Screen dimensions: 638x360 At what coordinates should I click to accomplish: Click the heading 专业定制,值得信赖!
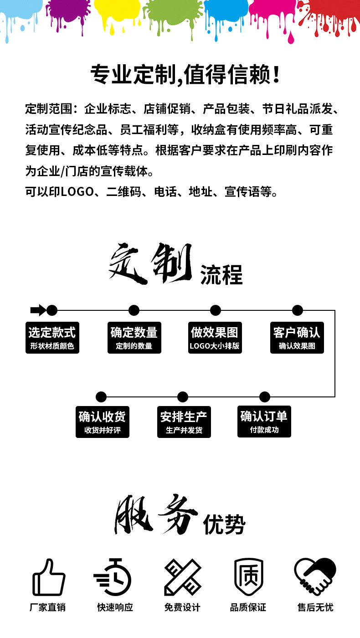[185, 74]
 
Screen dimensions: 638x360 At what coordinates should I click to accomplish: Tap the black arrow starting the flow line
[37, 310]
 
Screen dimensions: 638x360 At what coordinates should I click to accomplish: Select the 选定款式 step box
[52, 338]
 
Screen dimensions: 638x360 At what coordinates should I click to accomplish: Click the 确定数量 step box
[134, 338]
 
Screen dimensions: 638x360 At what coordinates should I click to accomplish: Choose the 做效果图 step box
[215, 338]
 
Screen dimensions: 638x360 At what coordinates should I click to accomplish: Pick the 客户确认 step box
[297, 338]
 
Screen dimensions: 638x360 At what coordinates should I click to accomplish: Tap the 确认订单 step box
[264, 422]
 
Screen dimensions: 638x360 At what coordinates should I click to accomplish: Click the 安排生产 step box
[184, 422]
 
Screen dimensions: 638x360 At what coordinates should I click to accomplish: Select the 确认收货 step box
[102, 422]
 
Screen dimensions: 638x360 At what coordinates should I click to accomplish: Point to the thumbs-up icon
[49, 578]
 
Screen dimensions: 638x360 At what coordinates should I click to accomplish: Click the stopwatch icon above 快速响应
[113, 577]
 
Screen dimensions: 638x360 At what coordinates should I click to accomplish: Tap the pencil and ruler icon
[183, 577]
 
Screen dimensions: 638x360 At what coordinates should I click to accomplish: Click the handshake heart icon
[315, 577]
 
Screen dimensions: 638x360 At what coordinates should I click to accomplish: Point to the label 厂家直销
[47, 607]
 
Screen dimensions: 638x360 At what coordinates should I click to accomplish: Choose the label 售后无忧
[315, 607]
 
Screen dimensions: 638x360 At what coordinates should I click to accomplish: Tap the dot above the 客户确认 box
[297, 310]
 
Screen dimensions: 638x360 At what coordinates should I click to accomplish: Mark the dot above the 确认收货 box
[101, 397]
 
